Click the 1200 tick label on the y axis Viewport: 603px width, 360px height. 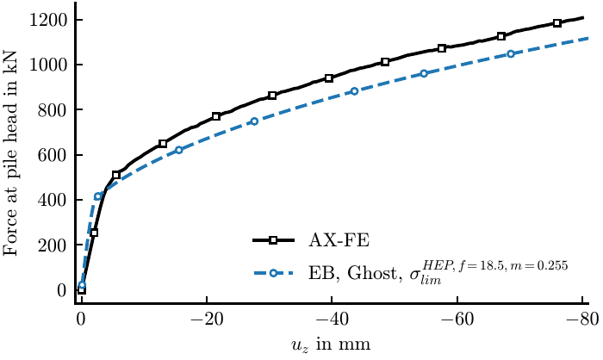coord(48,20)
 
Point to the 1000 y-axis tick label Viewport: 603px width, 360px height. coord(48,65)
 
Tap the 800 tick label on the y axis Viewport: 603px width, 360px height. coord(53,109)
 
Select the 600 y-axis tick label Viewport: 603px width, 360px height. coord(53,155)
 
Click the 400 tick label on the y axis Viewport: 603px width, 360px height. coord(53,200)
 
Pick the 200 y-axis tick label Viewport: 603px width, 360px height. coord(53,245)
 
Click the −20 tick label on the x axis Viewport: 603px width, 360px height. coord(207,320)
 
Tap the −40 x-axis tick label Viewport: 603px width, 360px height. coord(332,320)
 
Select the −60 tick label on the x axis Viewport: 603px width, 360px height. coord(457,320)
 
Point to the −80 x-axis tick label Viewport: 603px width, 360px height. coord(582,320)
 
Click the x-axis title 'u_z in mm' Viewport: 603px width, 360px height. coord(331,344)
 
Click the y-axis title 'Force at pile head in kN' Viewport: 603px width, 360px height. coord(10,152)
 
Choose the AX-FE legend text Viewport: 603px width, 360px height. coord(339,241)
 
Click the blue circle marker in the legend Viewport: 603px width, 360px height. coord(273,274)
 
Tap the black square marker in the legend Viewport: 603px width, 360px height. coord(273,240)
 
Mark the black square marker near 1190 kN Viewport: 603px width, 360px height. coord(556,23)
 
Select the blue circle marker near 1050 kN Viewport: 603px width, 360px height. coord(511,54)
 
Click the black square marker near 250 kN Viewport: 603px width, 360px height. coord(94,233)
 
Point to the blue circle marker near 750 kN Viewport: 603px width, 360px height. coord(254,121)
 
